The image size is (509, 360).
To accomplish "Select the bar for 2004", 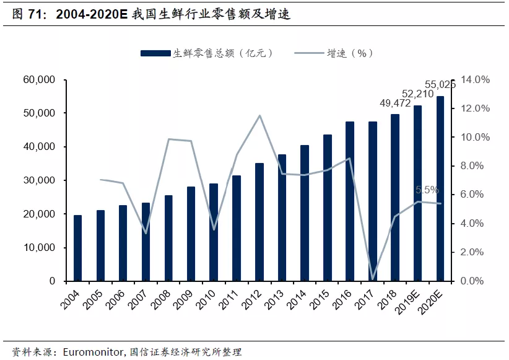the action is [78, 248].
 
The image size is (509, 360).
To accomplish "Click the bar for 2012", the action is [259, 222].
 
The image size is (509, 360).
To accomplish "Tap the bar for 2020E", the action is [440, 188].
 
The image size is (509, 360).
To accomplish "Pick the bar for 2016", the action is [350, 201].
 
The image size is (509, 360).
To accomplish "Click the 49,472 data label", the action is [395, 103].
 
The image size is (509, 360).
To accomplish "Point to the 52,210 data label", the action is [418, 94].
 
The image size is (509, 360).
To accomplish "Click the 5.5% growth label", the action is [427, 190].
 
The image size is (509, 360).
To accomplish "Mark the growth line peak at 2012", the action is [259, 115].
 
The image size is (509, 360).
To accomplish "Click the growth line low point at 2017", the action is [373, 279].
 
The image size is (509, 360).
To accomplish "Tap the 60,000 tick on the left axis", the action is [39, 79].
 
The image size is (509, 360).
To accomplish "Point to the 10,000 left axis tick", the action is [39, 248].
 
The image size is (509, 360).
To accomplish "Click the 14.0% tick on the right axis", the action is [475, 79].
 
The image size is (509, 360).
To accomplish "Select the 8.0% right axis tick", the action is [472, 165].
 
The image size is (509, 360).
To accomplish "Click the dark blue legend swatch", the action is [155, 53].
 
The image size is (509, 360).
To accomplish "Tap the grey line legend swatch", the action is [309, 53].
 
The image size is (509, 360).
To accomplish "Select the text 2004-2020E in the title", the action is [92, 14].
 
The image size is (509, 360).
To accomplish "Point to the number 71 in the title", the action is [35, 14].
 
